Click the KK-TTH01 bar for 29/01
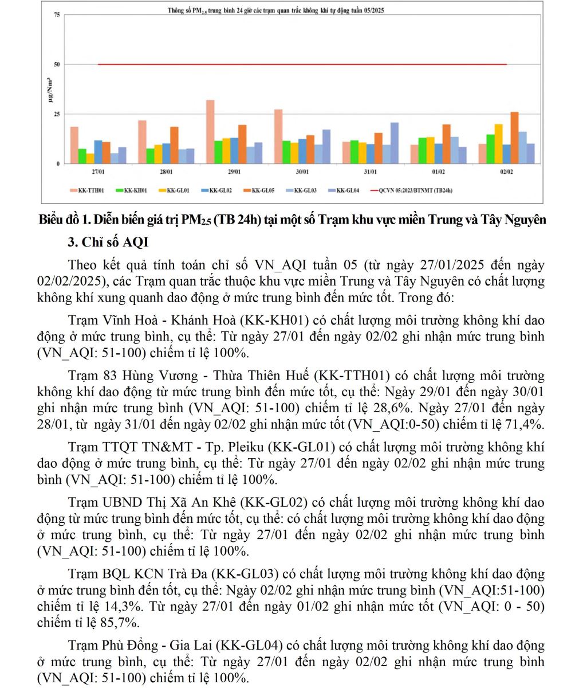pyautogui.click(x=210, y=132)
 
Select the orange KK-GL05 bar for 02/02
pyautogui.click(x=514, y=138)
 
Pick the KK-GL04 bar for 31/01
pyautogui.click(x=395, y=143)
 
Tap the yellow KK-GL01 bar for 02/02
pyautogui.click(x=498, y=143)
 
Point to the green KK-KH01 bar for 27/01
pyautogui.click(x=82, y=156)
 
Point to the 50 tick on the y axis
pyautogui.click(x=57, y=64)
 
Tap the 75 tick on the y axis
pyautogui.click(x=57, y=15)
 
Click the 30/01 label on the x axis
pyautogui.click(x=302, y=172)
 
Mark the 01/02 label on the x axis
pyautogui.click(x=439, y=172)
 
